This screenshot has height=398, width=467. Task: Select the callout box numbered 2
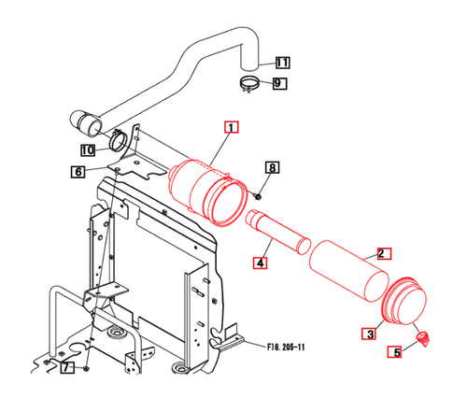[x=382, y=253]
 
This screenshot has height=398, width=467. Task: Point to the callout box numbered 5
[x=396, y=352]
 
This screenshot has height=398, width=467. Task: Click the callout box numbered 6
[x=78, y=171]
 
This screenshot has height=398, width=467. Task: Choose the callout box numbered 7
[x=66, y=369]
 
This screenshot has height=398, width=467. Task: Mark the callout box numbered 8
[x=273, y=167]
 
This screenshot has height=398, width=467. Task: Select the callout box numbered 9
[x=279, y=84]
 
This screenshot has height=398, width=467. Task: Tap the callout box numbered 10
[x=87, y=149]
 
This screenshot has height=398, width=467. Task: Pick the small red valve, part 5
[x=422, y=337]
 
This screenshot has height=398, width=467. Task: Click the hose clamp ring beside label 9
[x=248, y=87]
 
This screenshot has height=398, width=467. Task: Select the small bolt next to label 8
[x=257, y=194]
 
